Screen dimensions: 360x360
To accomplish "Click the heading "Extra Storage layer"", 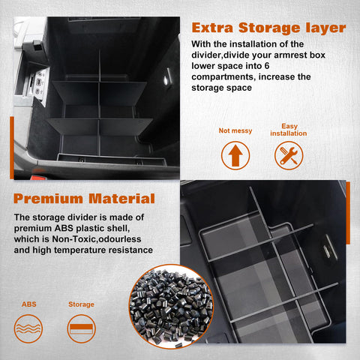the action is (268, 28).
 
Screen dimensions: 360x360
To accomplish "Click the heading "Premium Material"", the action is (84, 199).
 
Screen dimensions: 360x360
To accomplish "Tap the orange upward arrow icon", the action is (235, 155).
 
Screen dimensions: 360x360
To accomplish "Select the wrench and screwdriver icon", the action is (289, 155).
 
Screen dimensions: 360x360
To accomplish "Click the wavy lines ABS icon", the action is (28, 328).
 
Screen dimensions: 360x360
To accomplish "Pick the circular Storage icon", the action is (82, 328).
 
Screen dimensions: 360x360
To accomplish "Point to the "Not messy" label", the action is (235, 130).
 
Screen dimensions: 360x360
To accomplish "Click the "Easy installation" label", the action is (289, 130).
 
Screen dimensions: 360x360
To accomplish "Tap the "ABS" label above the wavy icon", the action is (29, 304).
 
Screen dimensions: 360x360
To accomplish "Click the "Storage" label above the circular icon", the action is (81, 304).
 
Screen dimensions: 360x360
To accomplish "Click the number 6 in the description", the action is (267, 66).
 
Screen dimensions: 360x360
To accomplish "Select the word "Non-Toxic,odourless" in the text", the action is (97, 239).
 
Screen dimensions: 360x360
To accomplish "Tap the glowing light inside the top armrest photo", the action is (166, 80).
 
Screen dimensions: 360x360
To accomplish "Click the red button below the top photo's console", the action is (38, 178).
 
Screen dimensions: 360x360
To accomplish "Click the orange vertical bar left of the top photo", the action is (12, 148).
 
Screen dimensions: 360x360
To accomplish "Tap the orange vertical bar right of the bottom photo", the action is (348, 213).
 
